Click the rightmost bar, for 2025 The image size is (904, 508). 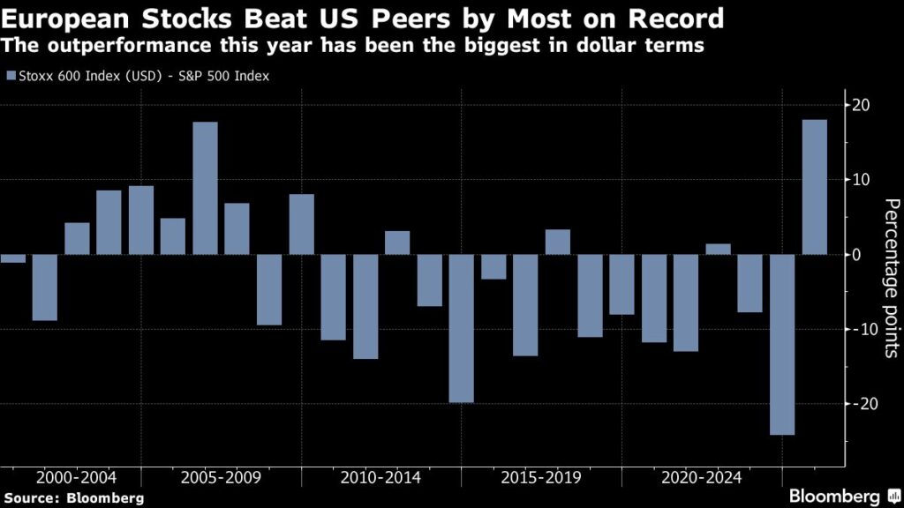point(814,187)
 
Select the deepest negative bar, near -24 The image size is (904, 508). point(782,344)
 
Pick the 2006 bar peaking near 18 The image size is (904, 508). point(205,188)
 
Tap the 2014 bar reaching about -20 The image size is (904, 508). point(461,328)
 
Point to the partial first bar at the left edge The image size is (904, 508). point(12,258)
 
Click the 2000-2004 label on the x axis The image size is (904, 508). point(76,478)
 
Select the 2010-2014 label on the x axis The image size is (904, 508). point(381,478)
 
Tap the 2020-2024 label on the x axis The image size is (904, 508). point(702,478)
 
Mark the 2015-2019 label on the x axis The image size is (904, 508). point(541,478)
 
